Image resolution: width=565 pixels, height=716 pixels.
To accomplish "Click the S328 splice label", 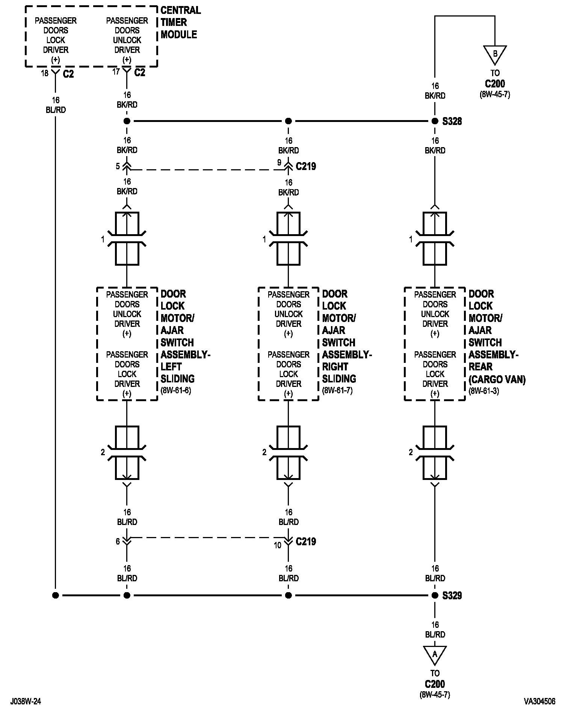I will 452,121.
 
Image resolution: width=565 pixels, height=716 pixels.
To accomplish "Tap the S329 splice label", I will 452,596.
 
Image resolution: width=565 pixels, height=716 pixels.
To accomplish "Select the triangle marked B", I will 495,53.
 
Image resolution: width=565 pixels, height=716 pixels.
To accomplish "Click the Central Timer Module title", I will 180,22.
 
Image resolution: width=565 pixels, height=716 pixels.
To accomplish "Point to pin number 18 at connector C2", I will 45,73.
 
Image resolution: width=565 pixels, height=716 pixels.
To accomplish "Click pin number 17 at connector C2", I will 116,71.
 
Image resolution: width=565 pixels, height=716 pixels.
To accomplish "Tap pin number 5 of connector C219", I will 118,166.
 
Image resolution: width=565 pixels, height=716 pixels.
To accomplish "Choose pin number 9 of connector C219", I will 279,163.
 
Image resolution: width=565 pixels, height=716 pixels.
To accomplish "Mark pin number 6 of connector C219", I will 118,541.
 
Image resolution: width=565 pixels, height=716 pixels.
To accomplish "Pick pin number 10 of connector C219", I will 278,545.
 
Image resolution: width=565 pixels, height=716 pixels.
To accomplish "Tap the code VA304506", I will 539,701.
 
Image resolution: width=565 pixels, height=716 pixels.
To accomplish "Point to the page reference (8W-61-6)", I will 176,391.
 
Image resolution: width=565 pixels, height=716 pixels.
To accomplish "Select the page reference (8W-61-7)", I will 337,391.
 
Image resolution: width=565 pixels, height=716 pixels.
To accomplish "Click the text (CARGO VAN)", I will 497,380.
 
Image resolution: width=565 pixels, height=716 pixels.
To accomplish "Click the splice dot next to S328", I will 435,121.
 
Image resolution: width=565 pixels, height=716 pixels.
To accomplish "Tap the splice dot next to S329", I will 435,596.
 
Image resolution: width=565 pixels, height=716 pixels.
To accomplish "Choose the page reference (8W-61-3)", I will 484,391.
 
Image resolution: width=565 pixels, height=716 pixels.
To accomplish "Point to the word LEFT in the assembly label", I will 171,367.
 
